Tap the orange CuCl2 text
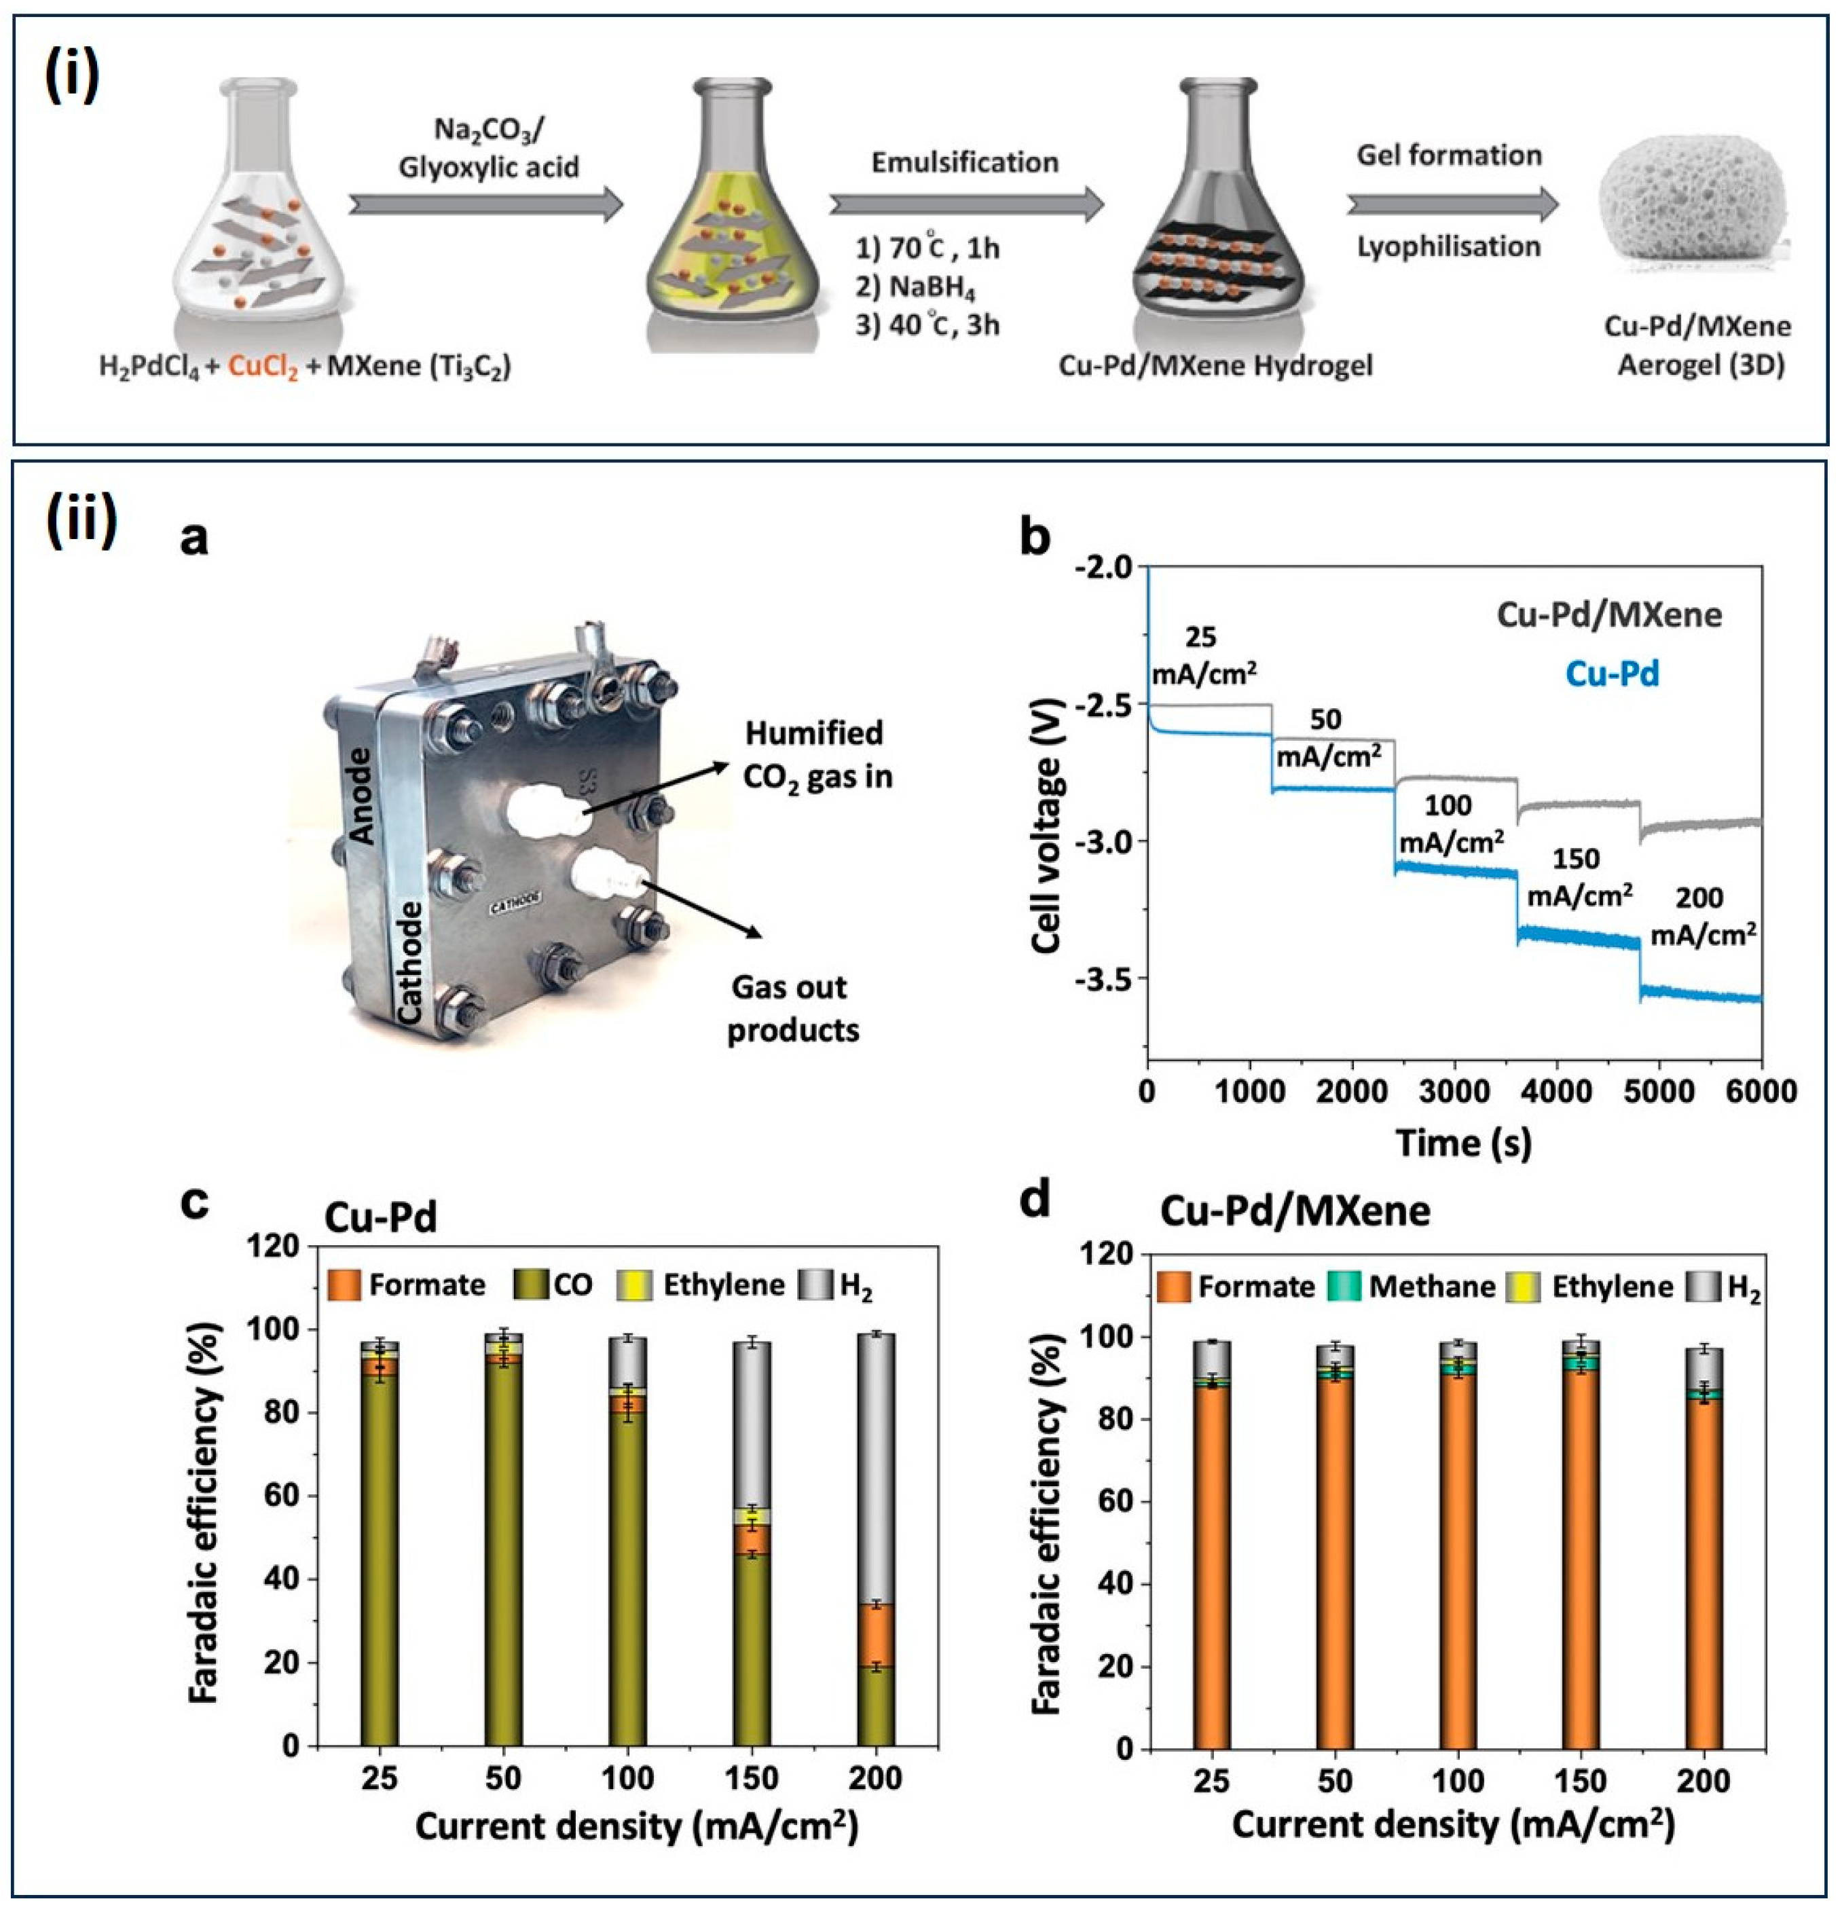pos(263,367)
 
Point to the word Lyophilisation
pos(1448,246)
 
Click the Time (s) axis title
pos(1462,1143)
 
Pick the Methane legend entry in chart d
pos(1411,1287)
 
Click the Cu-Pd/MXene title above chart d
pos(1295,1211)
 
